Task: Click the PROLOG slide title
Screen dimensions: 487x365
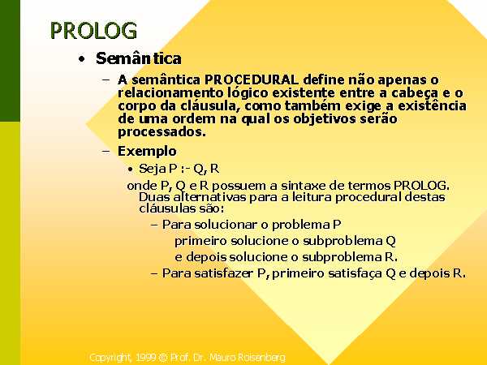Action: point(93,31)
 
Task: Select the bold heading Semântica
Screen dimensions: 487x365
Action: point(139,58)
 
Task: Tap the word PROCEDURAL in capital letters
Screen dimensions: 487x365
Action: point(252,79)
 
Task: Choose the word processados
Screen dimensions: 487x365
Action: point(162,132)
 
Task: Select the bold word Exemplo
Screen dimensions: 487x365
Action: point(147,151)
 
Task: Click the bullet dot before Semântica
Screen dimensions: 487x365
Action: point(81,59)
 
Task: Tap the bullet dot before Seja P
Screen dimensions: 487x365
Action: point(131,170)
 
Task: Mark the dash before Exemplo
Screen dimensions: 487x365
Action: point(106,152)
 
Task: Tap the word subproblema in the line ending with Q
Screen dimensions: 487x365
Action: point(343,241)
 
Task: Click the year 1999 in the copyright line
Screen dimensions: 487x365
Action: point(145,358)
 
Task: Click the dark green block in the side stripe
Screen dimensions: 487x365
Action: point(10,61)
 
